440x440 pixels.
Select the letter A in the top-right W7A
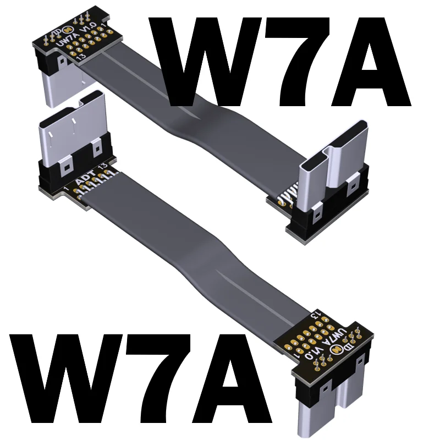370,62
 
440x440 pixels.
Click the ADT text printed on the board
86,178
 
